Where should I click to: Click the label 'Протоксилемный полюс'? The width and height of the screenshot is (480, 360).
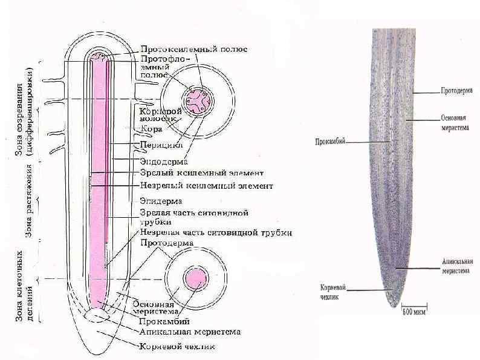(x=193, y=49)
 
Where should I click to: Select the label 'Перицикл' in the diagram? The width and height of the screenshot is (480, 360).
(x=158, y=145)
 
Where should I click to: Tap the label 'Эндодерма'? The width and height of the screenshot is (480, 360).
(x=163, y=162)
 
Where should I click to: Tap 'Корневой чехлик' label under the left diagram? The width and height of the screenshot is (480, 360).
(x=177, y=347)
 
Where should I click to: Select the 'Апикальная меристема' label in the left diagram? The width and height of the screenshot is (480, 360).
(x=190, y=332)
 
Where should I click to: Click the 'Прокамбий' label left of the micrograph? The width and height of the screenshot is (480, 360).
(x=329, y=142)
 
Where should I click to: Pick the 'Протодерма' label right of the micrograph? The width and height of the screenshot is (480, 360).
(x=456, y=91)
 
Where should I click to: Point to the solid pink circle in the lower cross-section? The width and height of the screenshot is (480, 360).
(x=195, y=279)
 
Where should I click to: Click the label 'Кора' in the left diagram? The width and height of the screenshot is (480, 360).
(x=150, y=128)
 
